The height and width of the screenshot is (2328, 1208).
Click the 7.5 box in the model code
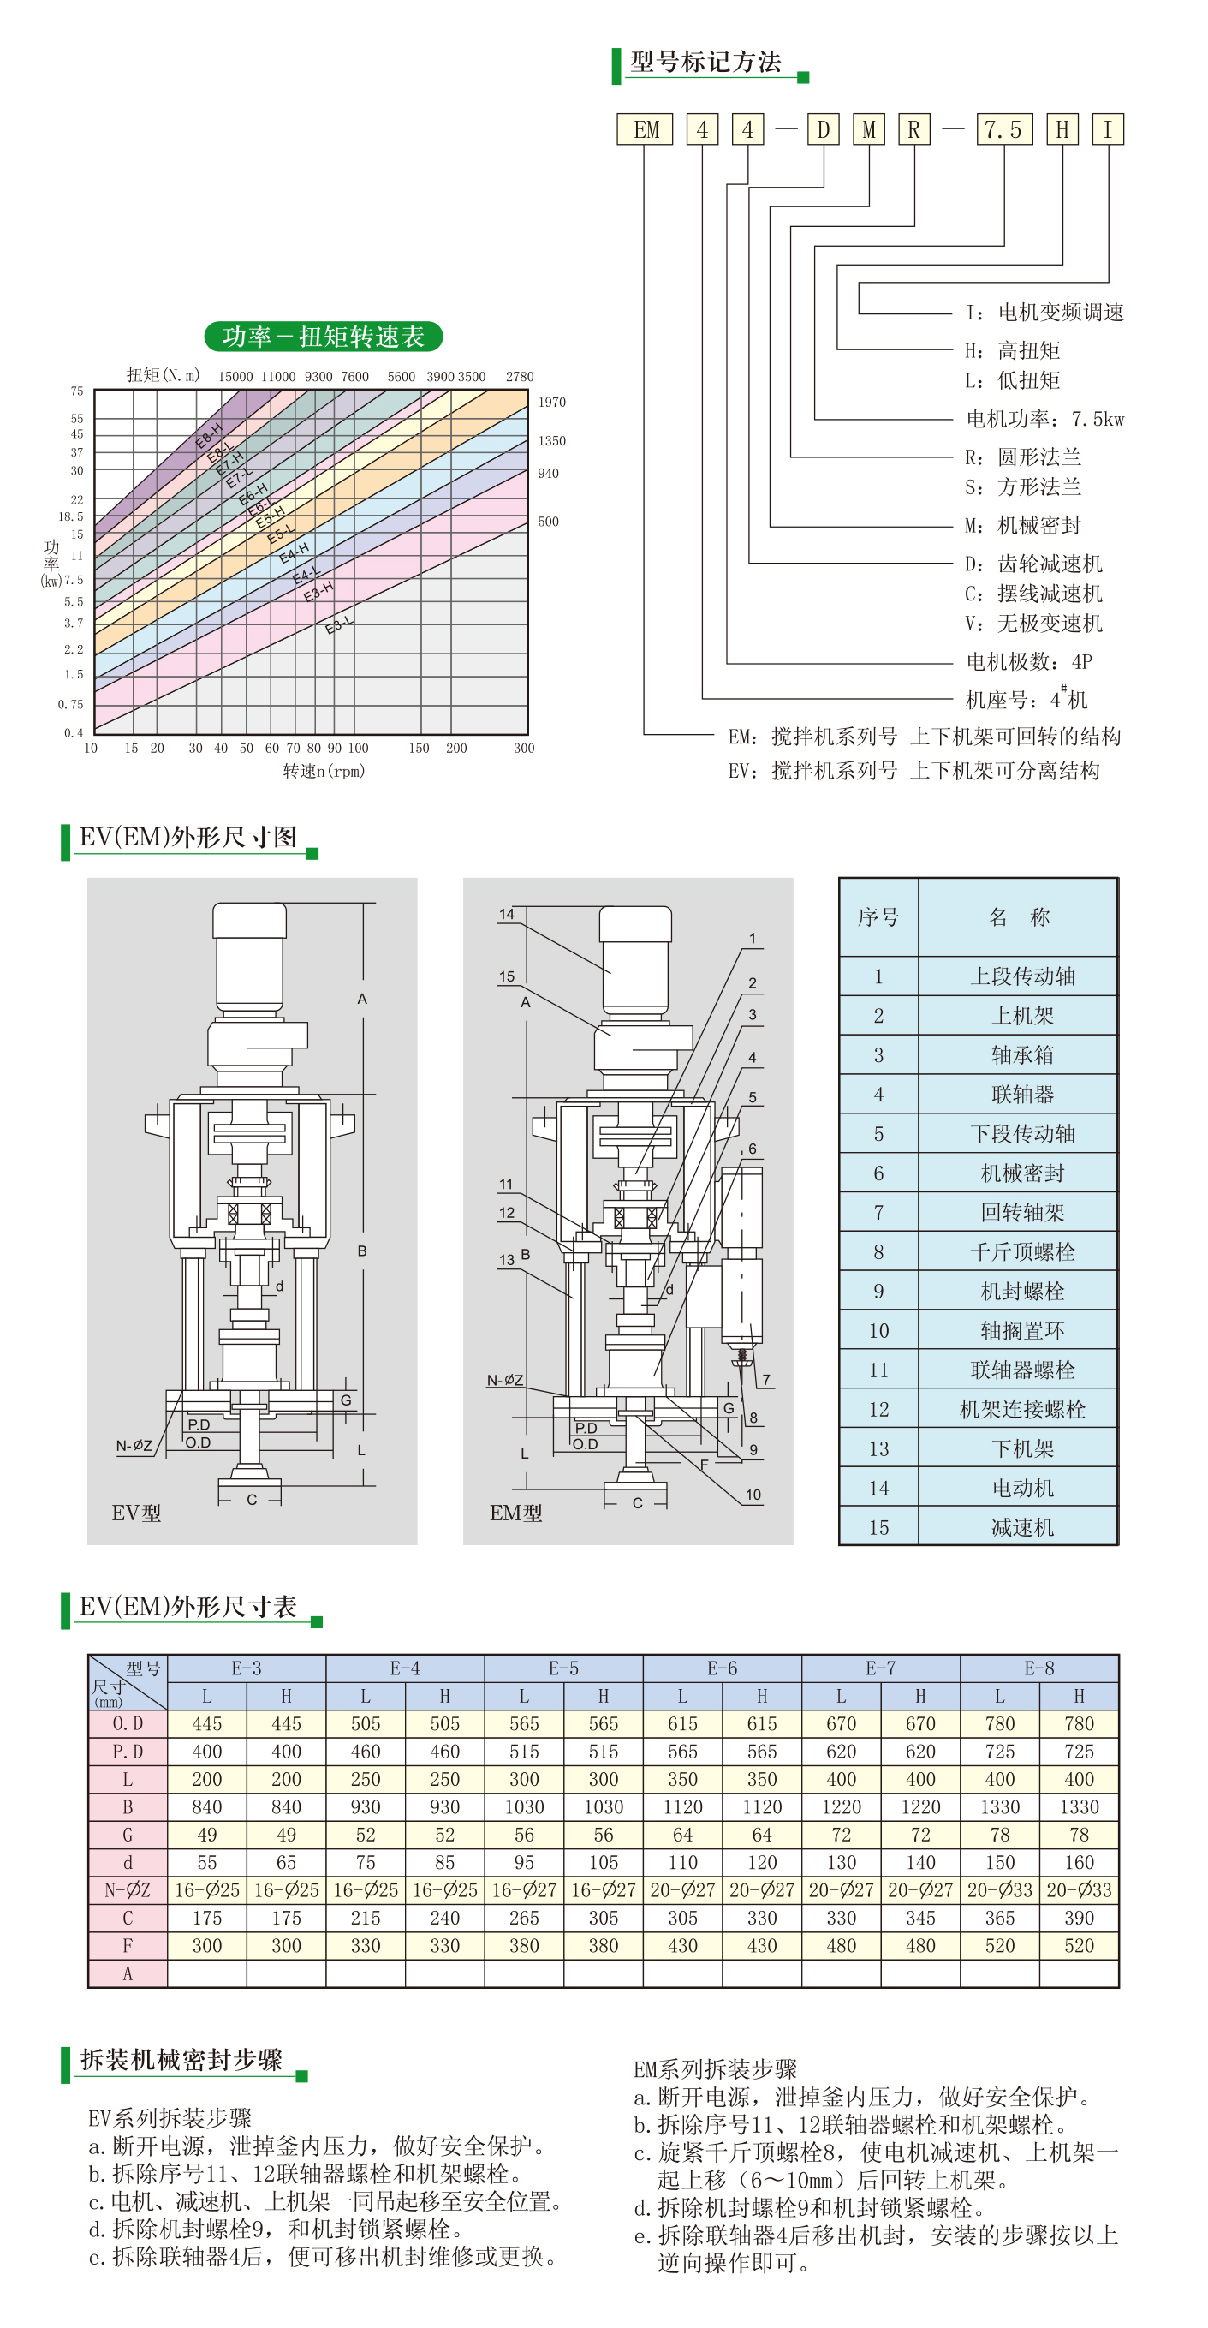[x=1003, y=129]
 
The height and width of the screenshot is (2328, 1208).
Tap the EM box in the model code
[x=646, y=129]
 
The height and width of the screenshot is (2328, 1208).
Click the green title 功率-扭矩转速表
[x=324, y=337]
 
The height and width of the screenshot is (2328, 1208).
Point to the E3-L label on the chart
[x=340, y=624]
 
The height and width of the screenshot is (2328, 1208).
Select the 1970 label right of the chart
[x=552, y=403]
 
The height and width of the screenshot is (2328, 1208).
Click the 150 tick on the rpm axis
[x=420, y=749]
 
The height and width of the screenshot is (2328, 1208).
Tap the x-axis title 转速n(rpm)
[x=324, y=771]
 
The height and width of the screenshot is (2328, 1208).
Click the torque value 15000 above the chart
[x=235, y=376]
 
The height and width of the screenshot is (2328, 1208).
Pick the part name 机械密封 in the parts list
[x=1022, y=1173]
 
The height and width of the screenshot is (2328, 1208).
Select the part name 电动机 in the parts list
[x=1022, y=1488]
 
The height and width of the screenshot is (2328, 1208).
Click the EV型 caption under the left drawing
[x=136, y=1513]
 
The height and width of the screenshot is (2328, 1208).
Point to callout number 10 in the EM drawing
[x=753, y=1495]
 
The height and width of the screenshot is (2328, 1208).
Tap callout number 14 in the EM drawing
[x=507, y=914]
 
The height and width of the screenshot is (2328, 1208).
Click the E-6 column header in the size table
[x=722, y=1668]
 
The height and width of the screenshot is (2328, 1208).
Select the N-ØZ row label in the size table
[x=128, y=1889]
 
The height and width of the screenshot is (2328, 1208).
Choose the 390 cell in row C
[x=1079, y=1918]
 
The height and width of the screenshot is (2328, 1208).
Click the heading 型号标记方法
[x=705, y=62]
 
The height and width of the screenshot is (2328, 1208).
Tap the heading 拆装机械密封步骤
[x=181, y=2060]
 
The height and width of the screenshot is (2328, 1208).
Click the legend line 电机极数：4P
[x=1029, y=661]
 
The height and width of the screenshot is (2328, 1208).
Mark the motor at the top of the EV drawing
[x=249, y=956]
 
